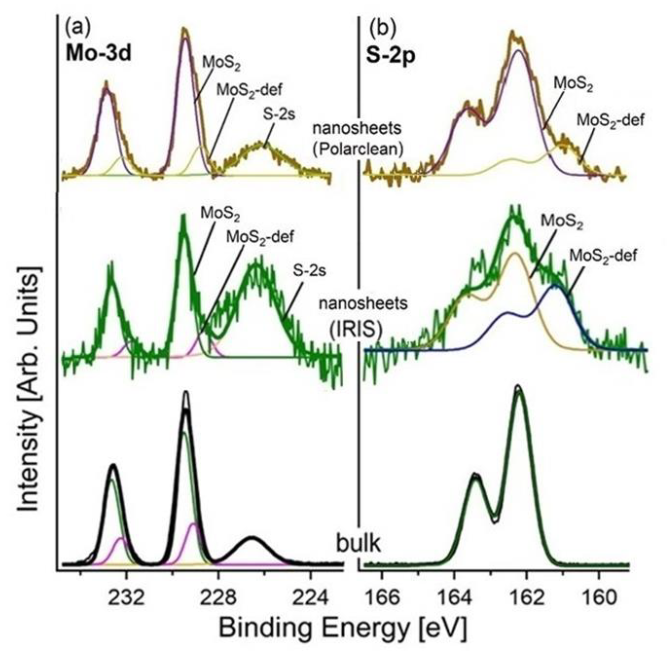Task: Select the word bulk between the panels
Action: (359, 544)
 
